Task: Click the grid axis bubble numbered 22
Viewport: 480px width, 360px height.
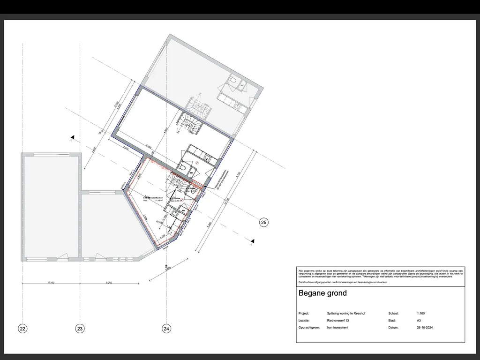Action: coord(22,329)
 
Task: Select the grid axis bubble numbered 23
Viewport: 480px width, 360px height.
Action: coord(80,329)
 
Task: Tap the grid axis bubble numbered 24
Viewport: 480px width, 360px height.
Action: coord(166,329)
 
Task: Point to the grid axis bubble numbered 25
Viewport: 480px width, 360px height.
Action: coord(264,223)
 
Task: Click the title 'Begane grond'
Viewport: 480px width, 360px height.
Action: coord(322,293)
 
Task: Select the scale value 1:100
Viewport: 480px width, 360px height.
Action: coord(420,313)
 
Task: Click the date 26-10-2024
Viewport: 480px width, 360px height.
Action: coord(424,328)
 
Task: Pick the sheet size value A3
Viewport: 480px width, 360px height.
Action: coord(418,321)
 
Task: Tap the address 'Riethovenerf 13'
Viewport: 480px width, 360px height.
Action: coord(338,321)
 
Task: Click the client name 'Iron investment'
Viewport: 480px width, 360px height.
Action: coord(337,328)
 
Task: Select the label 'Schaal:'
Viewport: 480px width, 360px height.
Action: coord(394,313)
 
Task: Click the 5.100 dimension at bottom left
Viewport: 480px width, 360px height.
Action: coord(51,283)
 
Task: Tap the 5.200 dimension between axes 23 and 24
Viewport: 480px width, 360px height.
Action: coord(109,283)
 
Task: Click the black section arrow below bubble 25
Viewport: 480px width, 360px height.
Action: coord(253,241)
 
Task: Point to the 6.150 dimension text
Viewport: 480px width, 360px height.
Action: coord(148,147)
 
